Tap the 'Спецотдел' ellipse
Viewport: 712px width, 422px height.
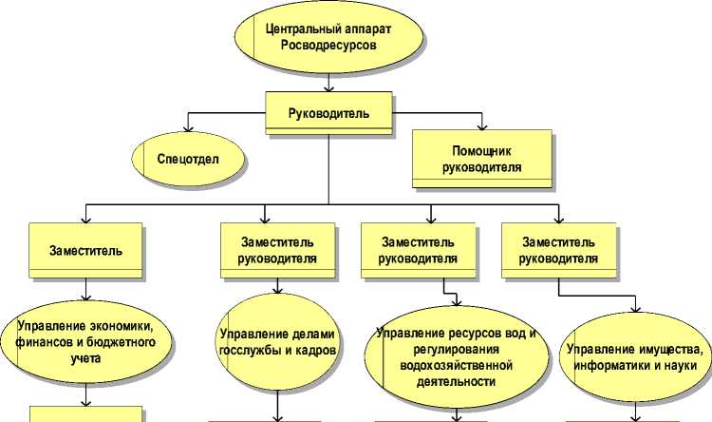pyautogui.click(x=189, y=158)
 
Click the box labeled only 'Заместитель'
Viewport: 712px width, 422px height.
pyautogui.click(x=85, y=250)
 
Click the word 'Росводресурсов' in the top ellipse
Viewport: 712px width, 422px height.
pyautogui.click(x=323, y=45)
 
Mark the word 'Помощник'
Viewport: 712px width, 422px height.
pyautogui.click(x=482, y=150)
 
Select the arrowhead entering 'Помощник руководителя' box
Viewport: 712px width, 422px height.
pyautogui.click(x=482, y=125)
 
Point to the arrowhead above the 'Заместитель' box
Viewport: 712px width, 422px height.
pyautogui.click(x=86, y=218)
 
